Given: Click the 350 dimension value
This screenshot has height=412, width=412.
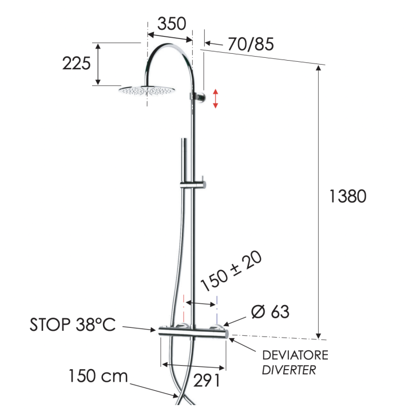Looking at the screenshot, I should (172, 23).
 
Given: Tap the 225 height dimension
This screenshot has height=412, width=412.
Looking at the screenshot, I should (77, 63).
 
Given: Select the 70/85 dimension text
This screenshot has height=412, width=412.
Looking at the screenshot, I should (251, 43).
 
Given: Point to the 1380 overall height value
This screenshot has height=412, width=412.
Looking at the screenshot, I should (347, 196).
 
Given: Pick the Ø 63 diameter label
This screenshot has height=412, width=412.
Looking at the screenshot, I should (270, 312).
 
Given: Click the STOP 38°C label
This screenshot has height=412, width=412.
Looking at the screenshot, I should (72, 325).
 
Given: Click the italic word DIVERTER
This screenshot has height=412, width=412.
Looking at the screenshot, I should (289, 370).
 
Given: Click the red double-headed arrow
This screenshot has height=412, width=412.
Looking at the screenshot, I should (216, 98).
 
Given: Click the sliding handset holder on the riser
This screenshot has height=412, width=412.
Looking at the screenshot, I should (193, 184).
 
